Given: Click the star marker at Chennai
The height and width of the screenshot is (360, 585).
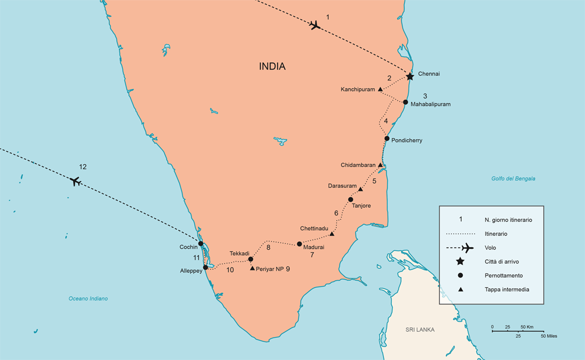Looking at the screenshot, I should [410, 76].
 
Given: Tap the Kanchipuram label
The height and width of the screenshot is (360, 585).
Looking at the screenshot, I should [357, 89].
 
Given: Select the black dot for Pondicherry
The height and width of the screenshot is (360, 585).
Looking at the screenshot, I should [387, 138].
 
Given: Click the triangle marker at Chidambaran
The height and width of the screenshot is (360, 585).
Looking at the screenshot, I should [380, 164].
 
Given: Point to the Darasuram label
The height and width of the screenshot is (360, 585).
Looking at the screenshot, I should [341, 186].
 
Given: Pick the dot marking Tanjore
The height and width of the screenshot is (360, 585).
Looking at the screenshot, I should [350, 199].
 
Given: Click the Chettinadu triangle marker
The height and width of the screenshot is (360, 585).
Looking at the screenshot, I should [332, 233].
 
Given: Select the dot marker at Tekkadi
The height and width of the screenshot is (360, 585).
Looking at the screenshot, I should [251, 259].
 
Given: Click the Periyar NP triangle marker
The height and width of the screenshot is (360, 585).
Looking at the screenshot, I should [252, 268].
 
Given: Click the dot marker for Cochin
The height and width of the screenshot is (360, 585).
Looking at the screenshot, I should [200, 243].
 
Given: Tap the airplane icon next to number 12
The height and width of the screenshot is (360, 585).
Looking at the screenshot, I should [75, 181].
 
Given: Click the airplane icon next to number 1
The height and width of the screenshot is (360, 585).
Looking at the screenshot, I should [314, 25].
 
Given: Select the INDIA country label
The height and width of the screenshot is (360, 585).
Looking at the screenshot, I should [272, 66].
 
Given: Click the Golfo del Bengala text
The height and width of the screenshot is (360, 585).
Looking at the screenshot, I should [513, 178].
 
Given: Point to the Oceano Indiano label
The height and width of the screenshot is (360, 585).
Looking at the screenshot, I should [88, 298].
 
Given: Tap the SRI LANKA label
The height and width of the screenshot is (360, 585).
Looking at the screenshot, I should [419, 330].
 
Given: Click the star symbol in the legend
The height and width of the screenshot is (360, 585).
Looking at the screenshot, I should [460, 261].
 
